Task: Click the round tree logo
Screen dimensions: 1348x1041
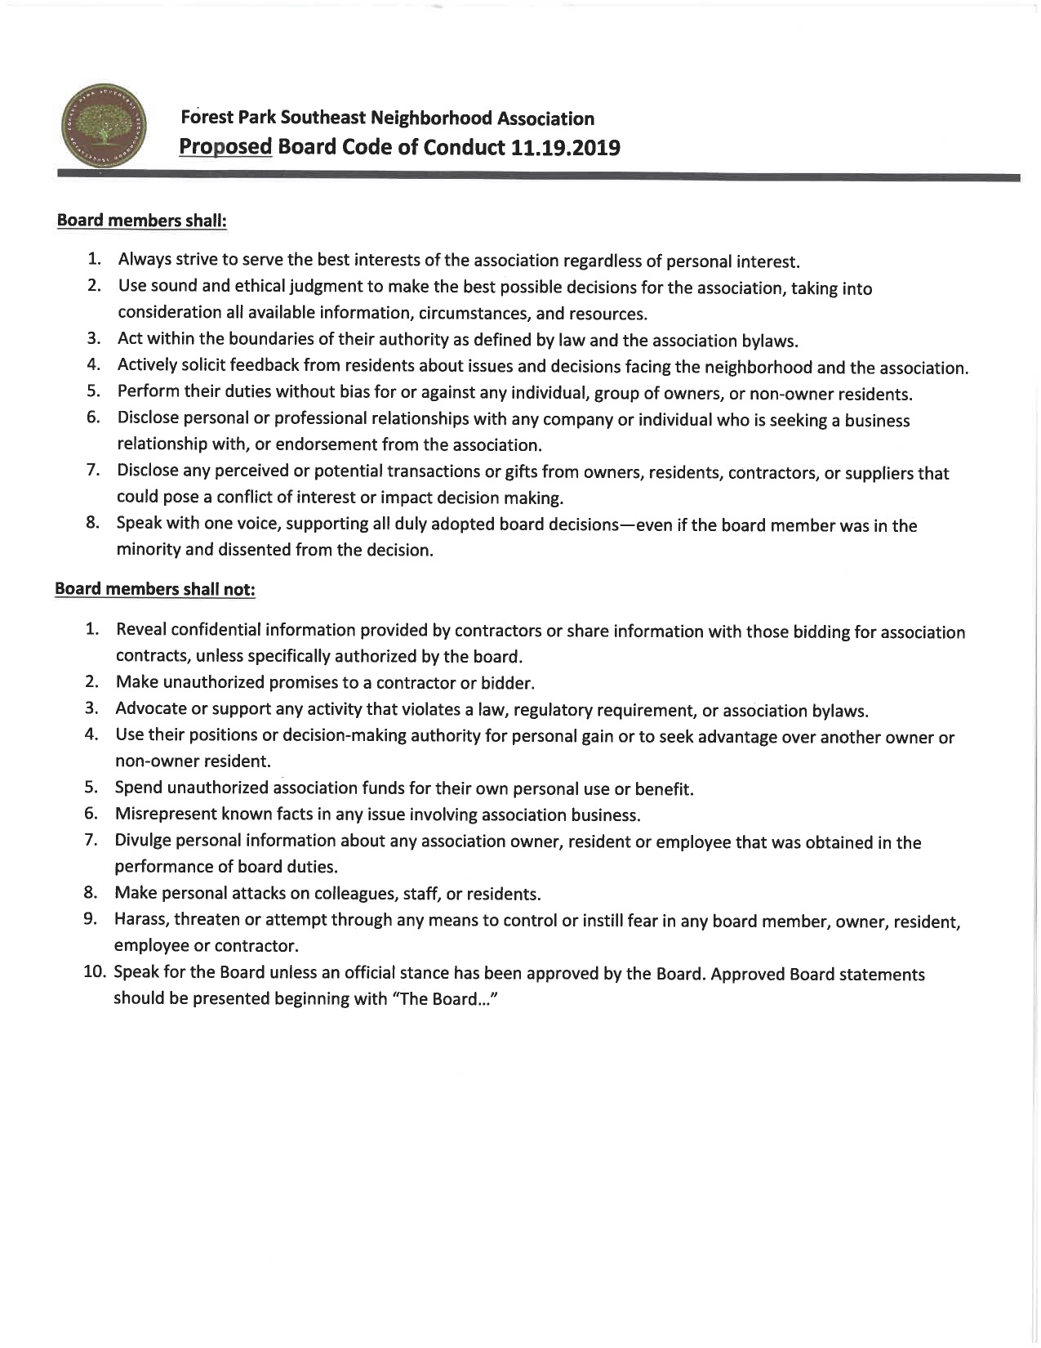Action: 103,124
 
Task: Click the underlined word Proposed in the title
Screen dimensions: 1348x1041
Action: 225,148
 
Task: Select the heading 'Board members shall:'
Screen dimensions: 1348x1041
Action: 140,221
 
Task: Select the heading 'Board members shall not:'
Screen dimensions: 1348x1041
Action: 155,589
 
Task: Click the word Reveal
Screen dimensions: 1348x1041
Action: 141,630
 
